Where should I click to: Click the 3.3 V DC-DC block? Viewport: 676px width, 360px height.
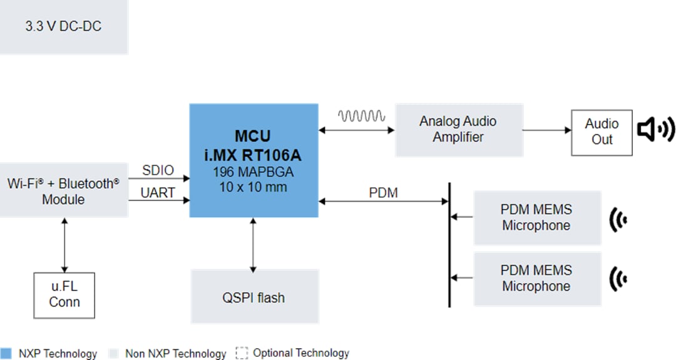click(x=63, y=27)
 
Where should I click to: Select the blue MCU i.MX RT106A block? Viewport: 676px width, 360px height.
click(x=253, y=161)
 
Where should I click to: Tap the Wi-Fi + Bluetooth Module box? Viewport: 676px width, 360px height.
click(x=63, y=191)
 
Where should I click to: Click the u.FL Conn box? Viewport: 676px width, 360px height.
click(x=64, y=295)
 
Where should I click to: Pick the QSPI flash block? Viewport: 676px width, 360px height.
click(x=253, y=297)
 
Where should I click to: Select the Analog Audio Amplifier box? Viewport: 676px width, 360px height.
click(x=459, y=130)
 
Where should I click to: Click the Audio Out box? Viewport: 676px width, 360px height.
click(x=602, y=132)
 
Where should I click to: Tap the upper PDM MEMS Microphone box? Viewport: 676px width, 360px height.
click(x=536, y=217)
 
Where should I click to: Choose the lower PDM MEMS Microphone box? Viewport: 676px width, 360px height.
click(x=536, y=279)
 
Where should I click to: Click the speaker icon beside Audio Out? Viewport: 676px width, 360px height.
click(x=656, y=130)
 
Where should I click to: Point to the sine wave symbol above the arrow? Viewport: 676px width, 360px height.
click(x=361, y=116)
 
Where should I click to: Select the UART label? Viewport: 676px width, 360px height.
click(x=158, y=193)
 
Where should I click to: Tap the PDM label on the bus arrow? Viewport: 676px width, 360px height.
click(x=383, y=193)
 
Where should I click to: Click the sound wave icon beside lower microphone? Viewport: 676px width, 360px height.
click(x=618, y=277)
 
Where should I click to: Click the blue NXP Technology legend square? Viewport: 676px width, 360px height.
click(x=6, y=353)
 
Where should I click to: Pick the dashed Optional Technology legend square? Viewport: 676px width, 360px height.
click(x=242, y=353)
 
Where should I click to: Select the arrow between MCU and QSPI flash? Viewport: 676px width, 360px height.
click(x=253, y=244)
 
